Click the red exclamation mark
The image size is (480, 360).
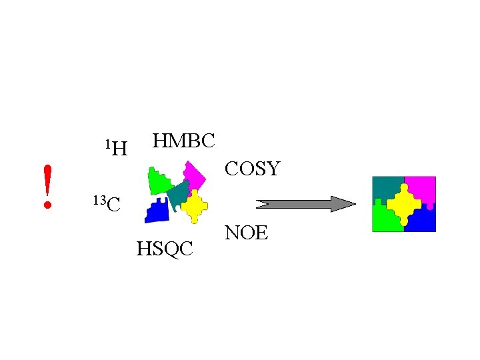[x=47, y=183]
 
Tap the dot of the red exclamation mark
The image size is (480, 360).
[x=47, y=205]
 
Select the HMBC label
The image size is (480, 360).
[x=183, y=141]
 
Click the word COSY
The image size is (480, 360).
[x=252, y=169]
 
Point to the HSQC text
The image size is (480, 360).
[x=165, y=249]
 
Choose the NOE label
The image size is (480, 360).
[x=246, y=233]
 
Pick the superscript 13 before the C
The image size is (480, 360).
[x=99, y=199]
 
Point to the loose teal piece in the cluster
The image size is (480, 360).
[x=178, y=195]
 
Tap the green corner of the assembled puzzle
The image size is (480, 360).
[x=382, y=220]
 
